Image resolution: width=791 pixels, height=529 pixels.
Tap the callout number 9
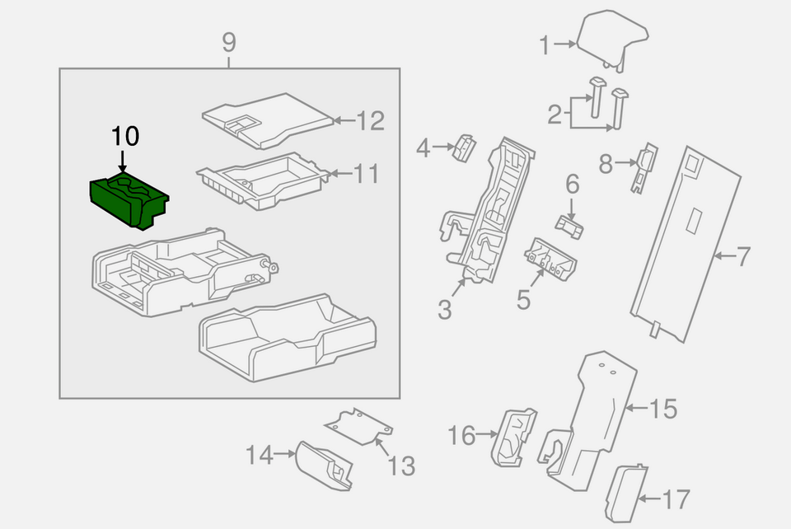(x=229, y=40)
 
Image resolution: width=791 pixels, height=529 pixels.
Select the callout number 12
(x=371, y=121)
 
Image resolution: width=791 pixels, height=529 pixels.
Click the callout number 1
(x=544, y=45)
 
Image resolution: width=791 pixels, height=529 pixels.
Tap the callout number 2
(x=555, y=112)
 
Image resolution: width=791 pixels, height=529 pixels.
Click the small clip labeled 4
(x=465, y=146)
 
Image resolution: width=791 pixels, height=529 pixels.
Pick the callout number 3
(x=444, y=310)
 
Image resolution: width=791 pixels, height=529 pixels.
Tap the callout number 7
(x=743, y=256)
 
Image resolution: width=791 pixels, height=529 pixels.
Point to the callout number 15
(x=663, y=408)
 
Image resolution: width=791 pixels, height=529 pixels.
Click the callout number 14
(x=259, y=453)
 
